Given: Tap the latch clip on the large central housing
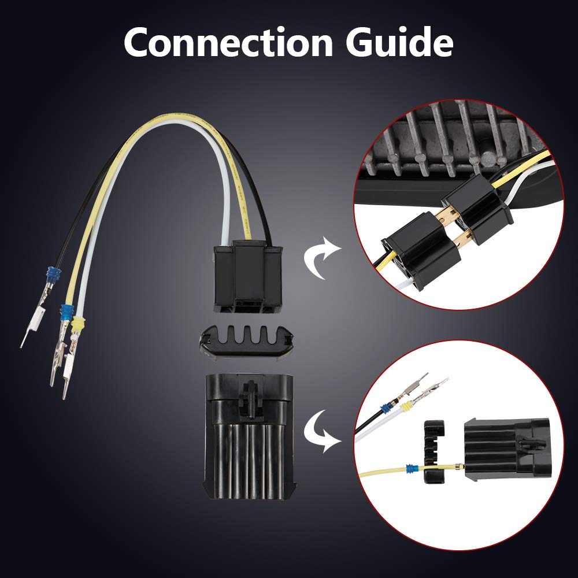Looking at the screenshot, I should point(250,399).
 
